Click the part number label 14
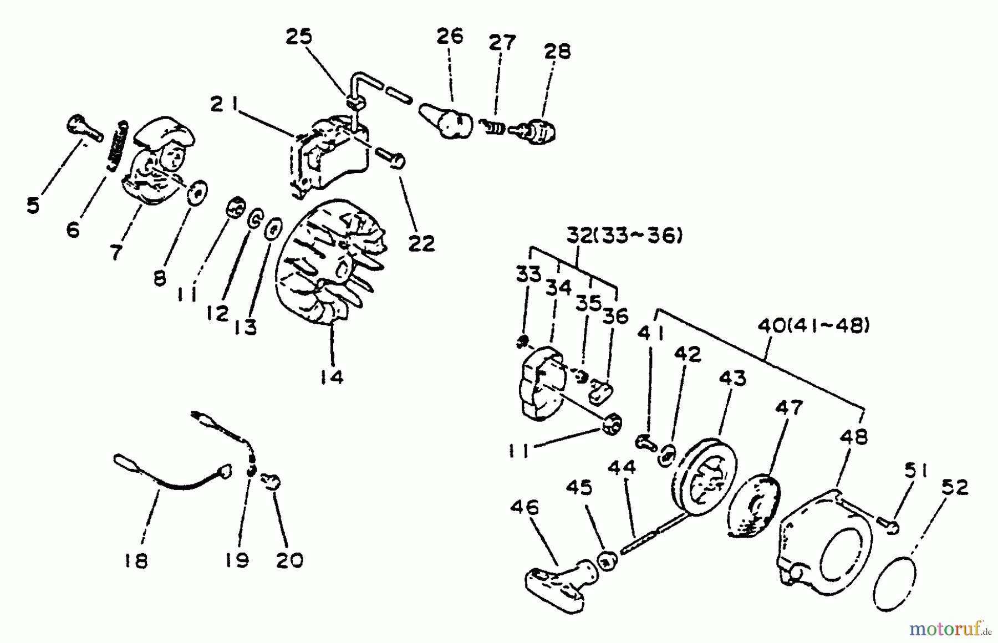(x=331, y=377)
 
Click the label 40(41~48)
(x=813, y=326)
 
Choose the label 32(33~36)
(x=624, y=236)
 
